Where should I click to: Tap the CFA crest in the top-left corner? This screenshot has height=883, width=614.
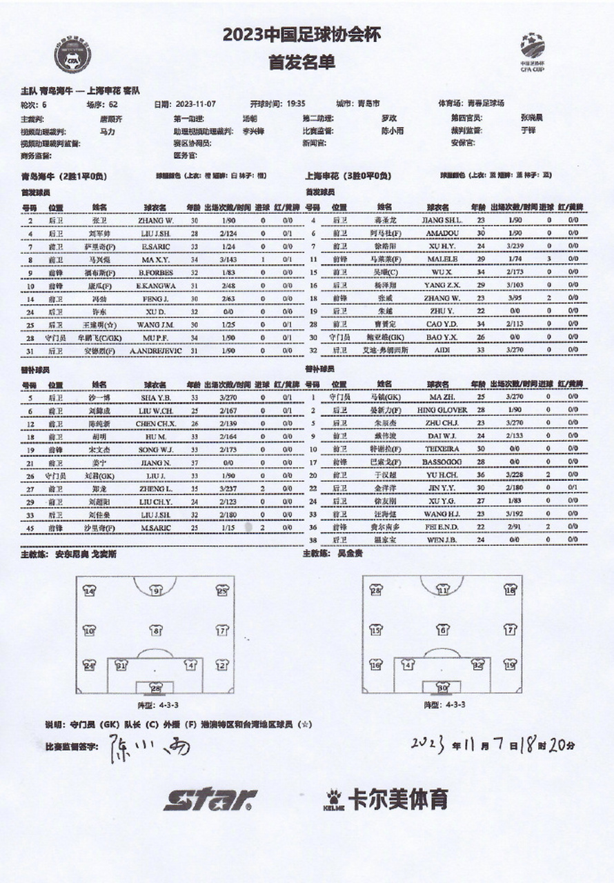73,58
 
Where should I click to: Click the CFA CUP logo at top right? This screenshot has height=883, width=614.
533,50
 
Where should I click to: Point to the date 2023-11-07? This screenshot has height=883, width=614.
194,103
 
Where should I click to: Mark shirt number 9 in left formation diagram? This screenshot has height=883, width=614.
157,591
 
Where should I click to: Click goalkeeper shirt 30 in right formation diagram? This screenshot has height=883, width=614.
442,687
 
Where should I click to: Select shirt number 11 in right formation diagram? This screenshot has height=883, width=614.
442,591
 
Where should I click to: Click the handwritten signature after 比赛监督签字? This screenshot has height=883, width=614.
148,746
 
